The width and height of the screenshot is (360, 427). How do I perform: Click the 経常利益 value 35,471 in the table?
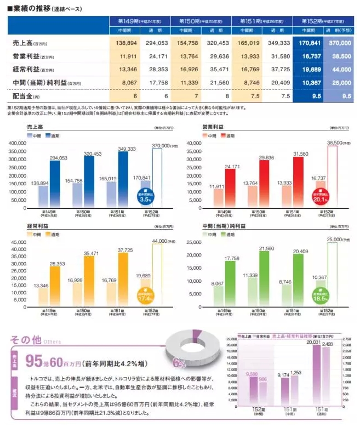216,70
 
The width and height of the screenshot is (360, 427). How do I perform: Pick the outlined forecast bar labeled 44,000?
157,274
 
